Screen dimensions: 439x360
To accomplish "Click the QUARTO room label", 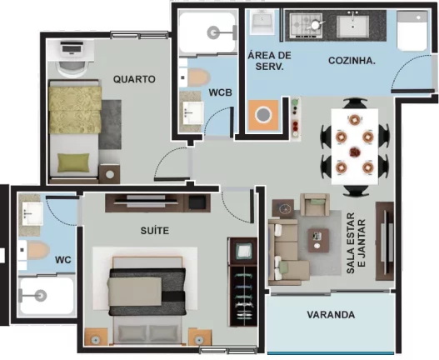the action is tap(134, 79).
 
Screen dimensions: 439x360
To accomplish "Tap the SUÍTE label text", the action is tap(155, 231).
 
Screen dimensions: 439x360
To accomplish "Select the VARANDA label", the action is tap(331, 315).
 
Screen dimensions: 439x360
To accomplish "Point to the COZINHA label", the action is tap(352, 61).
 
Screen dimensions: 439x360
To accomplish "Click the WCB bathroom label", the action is tap(221, 92).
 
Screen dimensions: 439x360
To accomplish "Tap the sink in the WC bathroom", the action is tap(32, 214).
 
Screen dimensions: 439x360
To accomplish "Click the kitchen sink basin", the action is tap(352, 26).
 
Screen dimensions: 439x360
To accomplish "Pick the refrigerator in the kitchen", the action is tap(412, 31).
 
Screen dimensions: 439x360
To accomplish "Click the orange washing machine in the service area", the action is tap(263, 115).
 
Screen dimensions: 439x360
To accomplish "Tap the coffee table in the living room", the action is tap(318, 240).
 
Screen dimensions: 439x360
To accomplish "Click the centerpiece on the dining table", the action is tap(355, 152).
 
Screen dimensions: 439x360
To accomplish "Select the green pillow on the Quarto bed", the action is tap(73, 162).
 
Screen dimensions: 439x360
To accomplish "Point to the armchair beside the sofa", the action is tap(315, 205).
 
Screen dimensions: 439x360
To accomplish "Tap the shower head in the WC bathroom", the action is tap(41, 296).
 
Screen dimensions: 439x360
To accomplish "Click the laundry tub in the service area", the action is tap(262, 22).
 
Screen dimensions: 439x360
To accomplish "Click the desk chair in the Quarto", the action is tap(72, 69).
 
